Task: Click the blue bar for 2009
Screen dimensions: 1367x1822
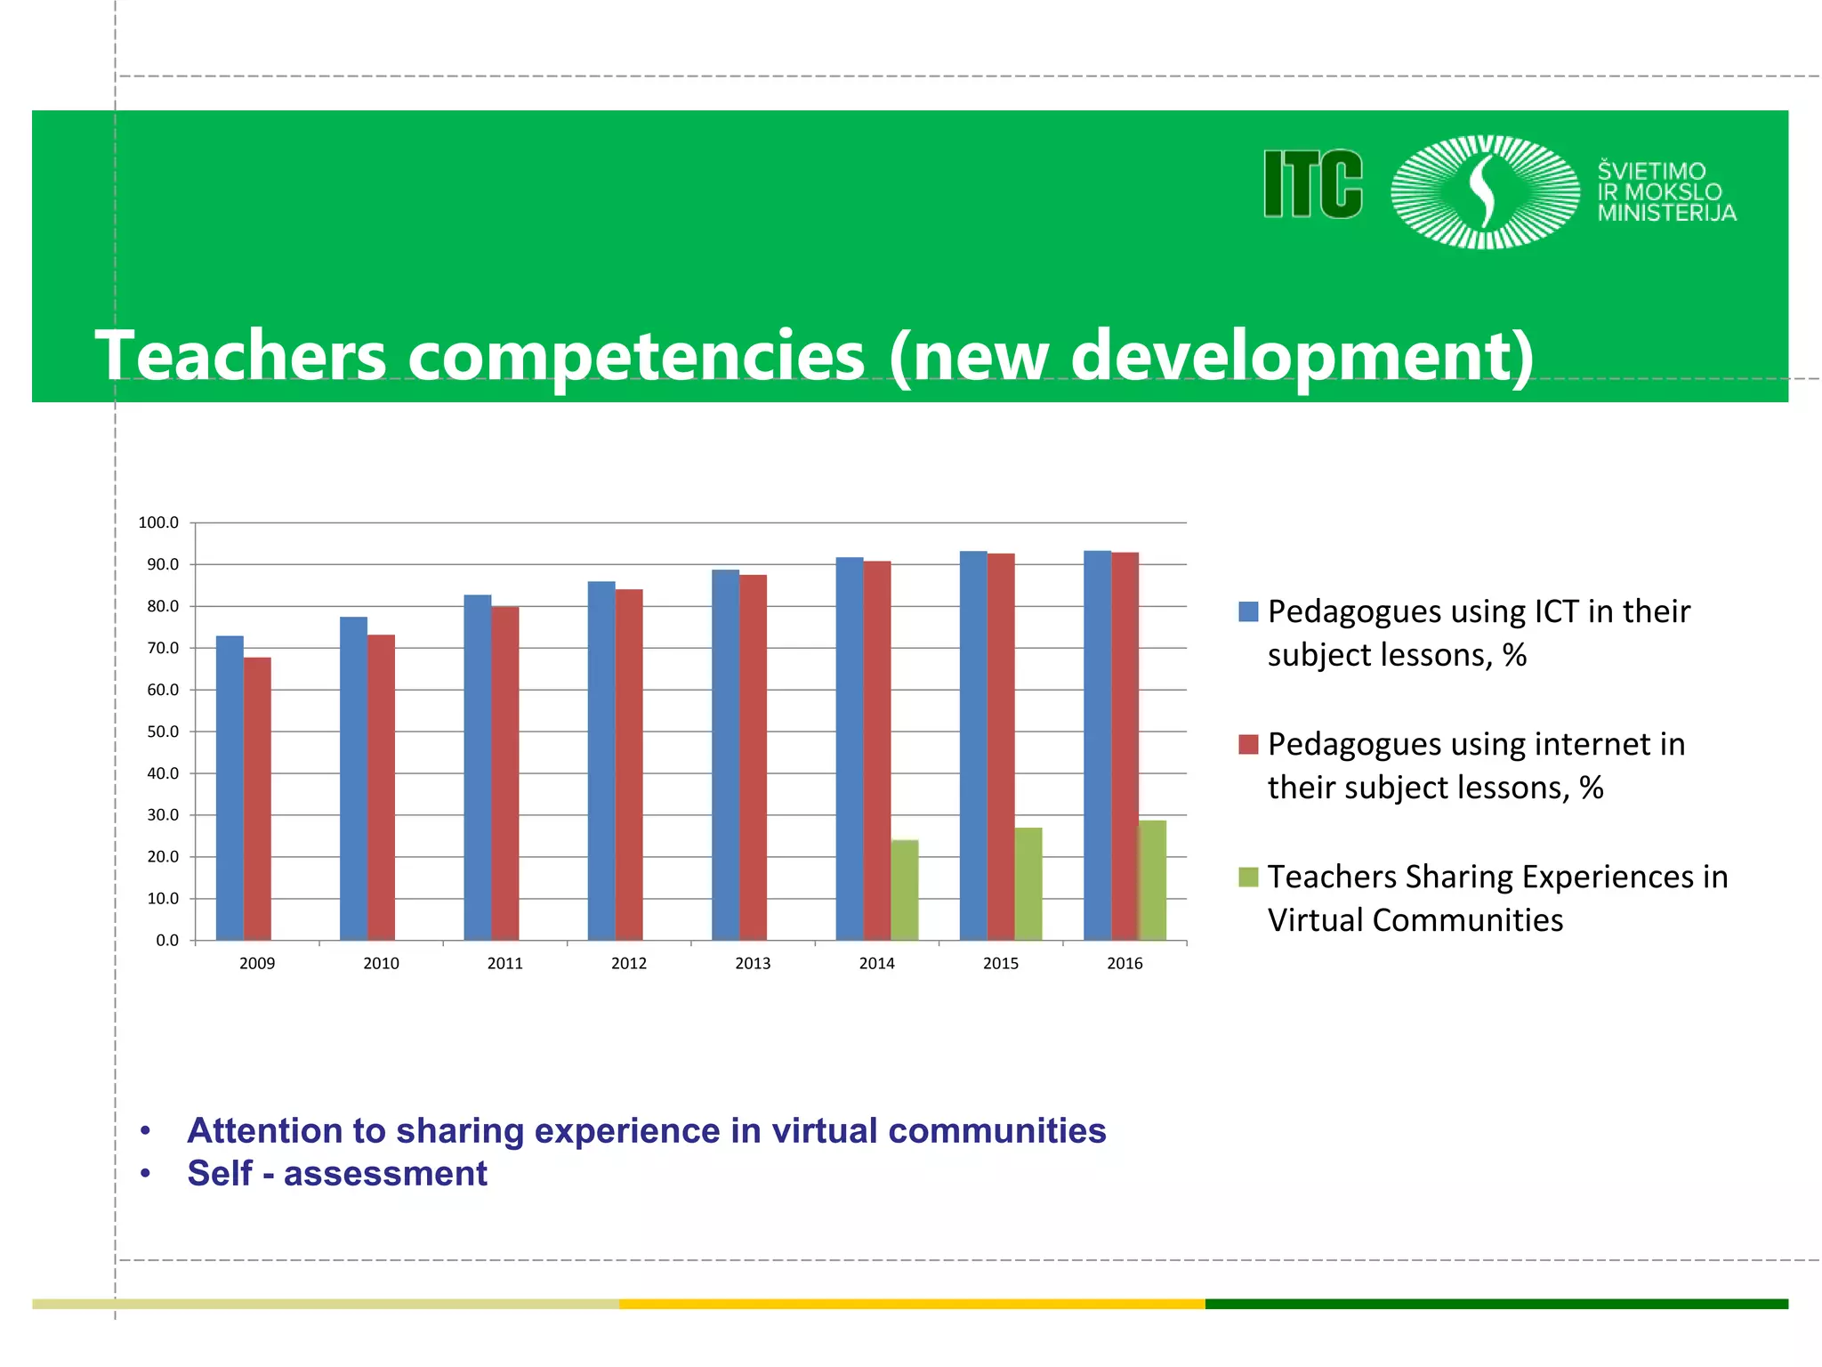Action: click(x=230, y=788)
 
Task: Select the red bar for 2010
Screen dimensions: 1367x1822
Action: click(x=381, y=787)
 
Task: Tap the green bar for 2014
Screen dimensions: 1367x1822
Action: click(x=905, y=889)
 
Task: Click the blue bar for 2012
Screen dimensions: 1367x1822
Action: click(x=601, y=760)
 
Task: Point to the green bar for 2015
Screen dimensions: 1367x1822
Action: click(x=1028, y=883)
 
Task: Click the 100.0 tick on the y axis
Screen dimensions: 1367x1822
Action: click(x=158, y=522)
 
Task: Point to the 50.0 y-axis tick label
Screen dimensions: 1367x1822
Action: click(x=162, y=732)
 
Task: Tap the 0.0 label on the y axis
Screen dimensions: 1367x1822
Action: click(x=166, y=940)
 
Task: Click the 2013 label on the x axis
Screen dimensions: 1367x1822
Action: click(x=753, y=963)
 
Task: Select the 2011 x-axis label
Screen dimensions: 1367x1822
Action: click(x=504, y=963)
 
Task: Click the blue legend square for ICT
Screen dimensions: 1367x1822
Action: click(x=1248, y=611)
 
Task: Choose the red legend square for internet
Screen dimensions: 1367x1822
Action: click(x=1248, y=744)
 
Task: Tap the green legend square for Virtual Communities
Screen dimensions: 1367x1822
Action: click(x=1248, y=877)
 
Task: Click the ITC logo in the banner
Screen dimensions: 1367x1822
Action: click(x=1313, y=184)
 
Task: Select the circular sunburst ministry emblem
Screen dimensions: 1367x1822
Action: click(x=1485, y=191)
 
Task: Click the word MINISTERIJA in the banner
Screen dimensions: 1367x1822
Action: click(x=1666, y=213)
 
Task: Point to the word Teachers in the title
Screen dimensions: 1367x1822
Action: click(x=240, y=356)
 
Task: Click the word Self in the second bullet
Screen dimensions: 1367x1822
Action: click(x=220, y=1173)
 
